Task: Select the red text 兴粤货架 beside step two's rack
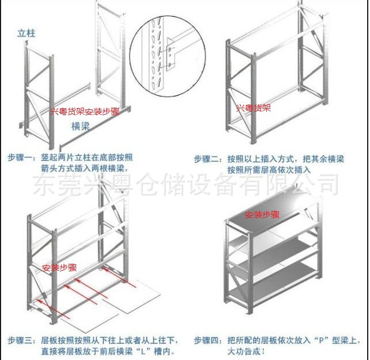click(x=253, y=108)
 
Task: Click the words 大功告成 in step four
click(x=243, y=351)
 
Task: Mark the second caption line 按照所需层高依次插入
click(x=269, y=170)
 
